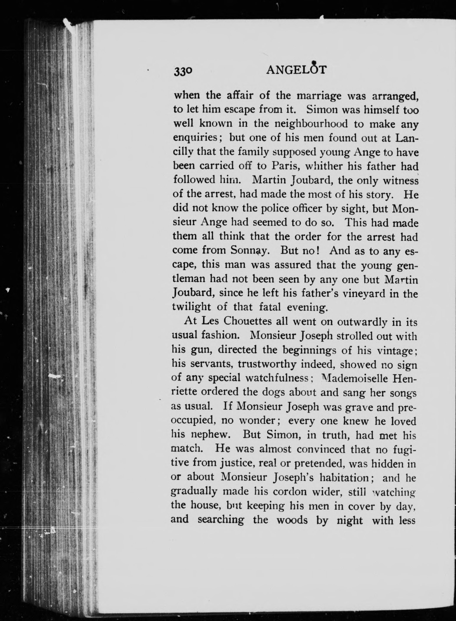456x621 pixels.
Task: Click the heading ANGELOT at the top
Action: click(x=296, y=70)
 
